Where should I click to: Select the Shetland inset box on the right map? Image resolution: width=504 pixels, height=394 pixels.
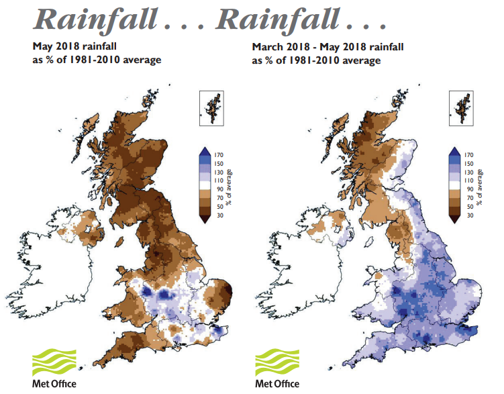tap(462, 107)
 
